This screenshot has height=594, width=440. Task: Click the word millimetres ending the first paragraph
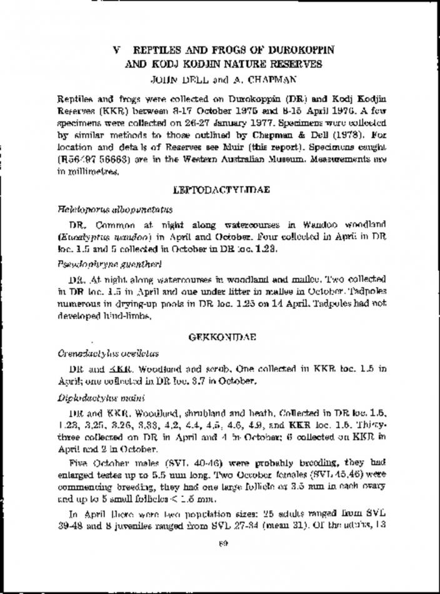(82, 169)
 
